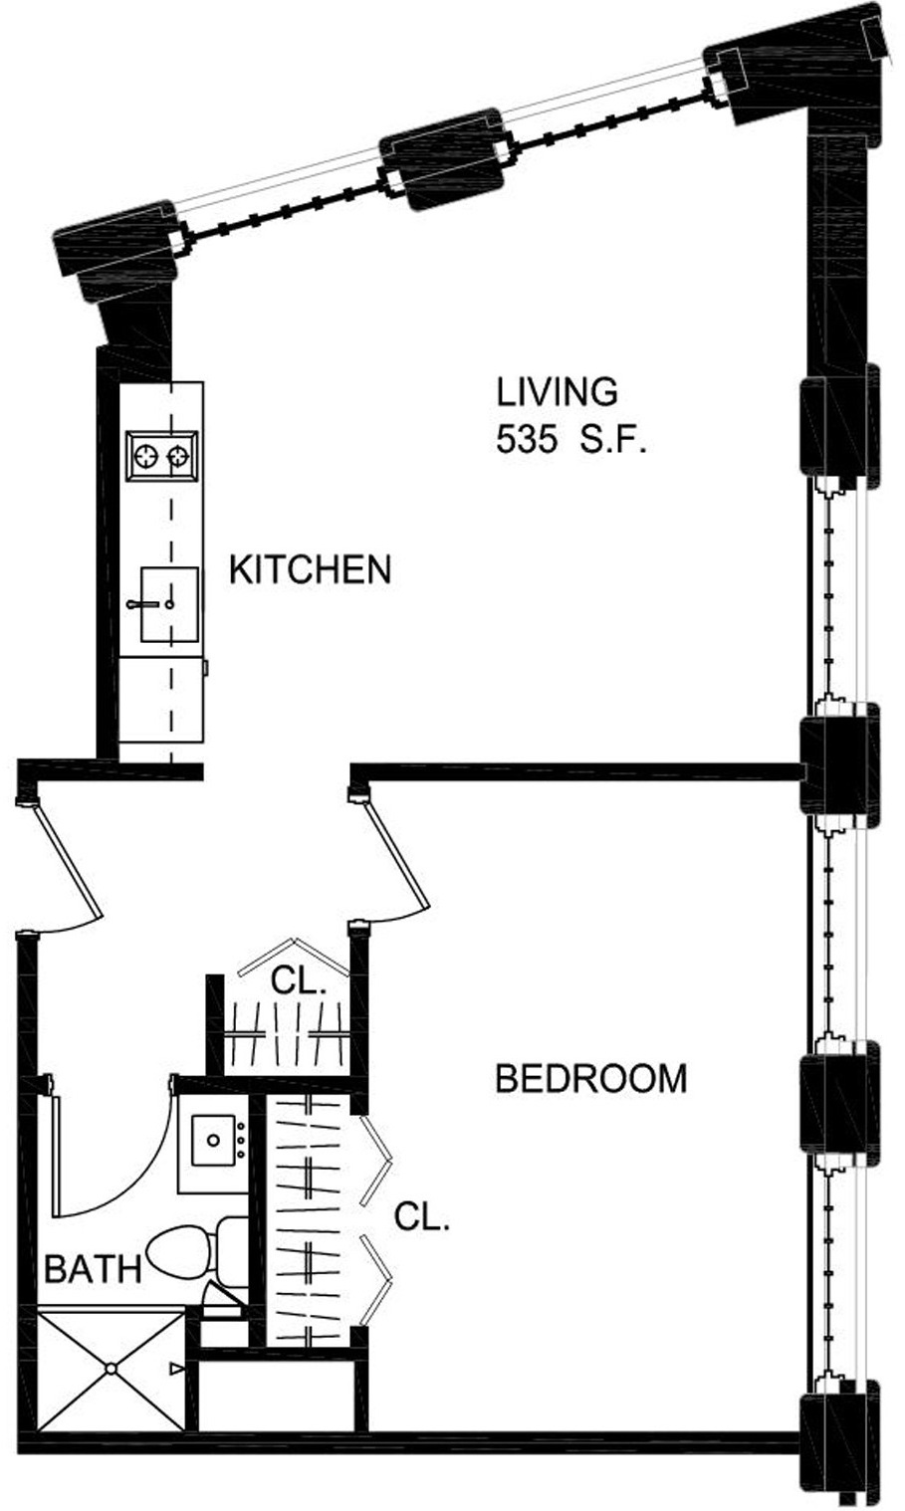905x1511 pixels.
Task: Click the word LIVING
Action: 557,392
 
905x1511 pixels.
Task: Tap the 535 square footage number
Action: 527,441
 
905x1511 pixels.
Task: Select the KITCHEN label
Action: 311,570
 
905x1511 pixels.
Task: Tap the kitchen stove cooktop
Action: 162,456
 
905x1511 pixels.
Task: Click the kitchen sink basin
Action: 169,604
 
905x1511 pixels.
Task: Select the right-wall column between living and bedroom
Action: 840,765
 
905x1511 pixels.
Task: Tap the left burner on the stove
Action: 145,456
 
